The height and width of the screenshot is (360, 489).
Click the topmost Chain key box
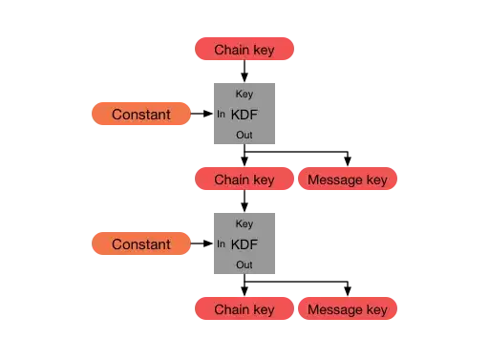tap(244, 50)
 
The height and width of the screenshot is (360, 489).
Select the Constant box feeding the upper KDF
tap(140, 115)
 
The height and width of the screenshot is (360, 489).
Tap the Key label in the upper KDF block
tap(244, 94)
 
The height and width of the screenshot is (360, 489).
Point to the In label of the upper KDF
tap(222, 115)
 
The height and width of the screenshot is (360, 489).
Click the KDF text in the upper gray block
tap(245, 115)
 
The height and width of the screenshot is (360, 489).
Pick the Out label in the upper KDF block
tap(244, 136)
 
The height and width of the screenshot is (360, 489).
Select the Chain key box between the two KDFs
tap(244, 180)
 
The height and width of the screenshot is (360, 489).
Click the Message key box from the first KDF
tap(348, 180)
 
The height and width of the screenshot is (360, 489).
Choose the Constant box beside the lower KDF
tap(140, 244)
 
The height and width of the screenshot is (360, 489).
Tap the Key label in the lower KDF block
tap(244, 223)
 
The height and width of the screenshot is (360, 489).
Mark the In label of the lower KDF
tap(222, 244)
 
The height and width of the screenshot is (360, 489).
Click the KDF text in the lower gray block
tap(245, 244)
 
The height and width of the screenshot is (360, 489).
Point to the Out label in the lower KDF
tap(244, 265)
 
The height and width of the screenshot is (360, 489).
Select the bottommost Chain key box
tap(244, 309)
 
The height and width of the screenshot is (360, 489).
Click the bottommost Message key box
tap(348, 309)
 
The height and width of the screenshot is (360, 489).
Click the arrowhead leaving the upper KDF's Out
tap(244, 162)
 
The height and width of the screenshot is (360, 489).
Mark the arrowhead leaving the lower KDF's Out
tap(244, 292)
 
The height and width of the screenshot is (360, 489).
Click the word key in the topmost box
tap(264, 50)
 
